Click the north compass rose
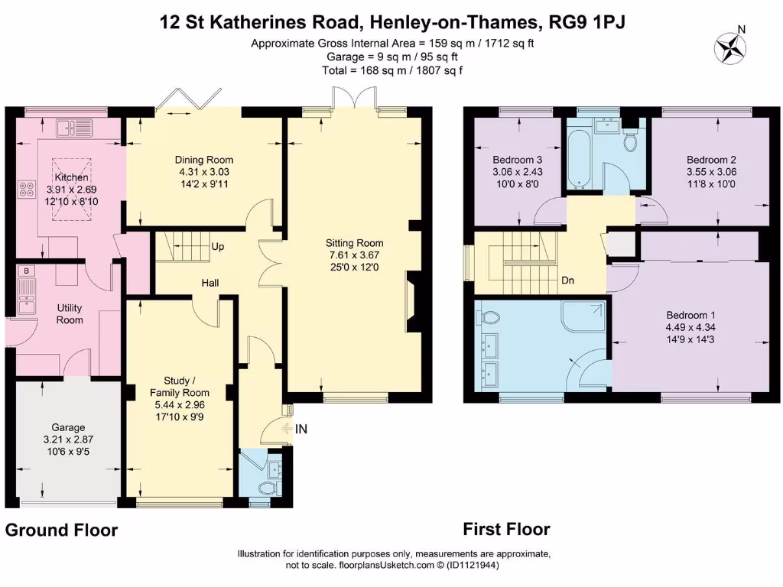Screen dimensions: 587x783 [730, 47]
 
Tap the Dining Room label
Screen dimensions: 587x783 [199, 160]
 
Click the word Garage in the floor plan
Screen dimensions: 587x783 [68, 427]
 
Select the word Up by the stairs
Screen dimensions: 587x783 [218, 247]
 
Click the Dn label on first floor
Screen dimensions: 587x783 [568, 281]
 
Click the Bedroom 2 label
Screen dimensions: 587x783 [711, 160]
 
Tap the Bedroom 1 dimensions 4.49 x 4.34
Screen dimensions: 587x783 [690, 327]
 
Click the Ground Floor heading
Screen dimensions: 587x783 [62, 530]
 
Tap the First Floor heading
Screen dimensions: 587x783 [506, 529]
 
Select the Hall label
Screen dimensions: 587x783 [210, 283]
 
